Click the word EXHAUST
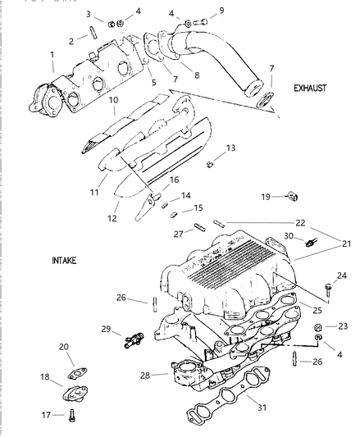pyautogui.click(x=312, y=84)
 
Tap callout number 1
pyautogui.click(x=52, y=57)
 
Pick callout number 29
pyautogui.click(x=106, y=330)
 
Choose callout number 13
pyautogui.click(x=230, y=148)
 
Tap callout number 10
pyautogui.click(x=114, y=100)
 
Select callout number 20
pyautogui.click(x=64, y=347)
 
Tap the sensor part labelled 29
pyautogui.click(x=130, y=336)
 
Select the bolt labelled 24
pyautogui.click(x=327, y=289)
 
